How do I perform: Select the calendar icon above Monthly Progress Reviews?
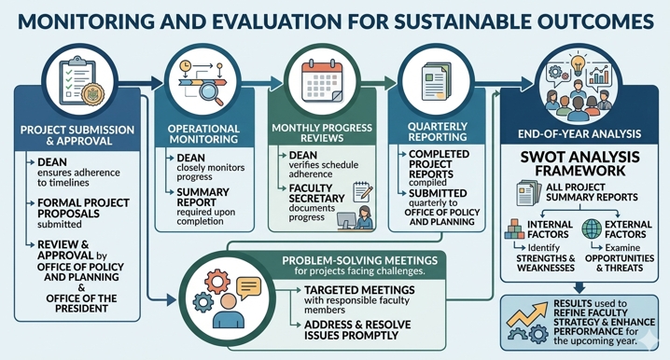pyautogui.click(x=322, y=81)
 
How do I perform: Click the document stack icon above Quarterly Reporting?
pyautogui.click(x=437, y=81)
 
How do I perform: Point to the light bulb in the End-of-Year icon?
pyautogui.click(x=578, y=64)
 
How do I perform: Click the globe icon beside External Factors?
pyautogui.click(x=592, y=228)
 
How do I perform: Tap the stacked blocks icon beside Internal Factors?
pyautogui.click(x=514, y=228)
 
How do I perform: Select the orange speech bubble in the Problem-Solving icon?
pyautogui.click(x=248, y=287)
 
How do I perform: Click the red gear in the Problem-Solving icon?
pyautogui.click(x=217, y=282)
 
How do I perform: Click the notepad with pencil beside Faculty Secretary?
pyautogui.click(x=362, y=192)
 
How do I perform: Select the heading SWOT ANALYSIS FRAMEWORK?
pyautogui.click(x=579, y=163)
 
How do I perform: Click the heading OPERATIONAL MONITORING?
pyautogui.click(x=203, y=134)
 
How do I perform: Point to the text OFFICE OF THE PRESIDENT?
pyautogui.click(x=81, y=303)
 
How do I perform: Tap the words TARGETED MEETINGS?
pyautogui.click(x=359, y=290)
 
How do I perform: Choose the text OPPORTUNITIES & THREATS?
pyautogui.click(x=620, y=263)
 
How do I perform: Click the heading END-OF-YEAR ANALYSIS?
pyautogui.click(x=579, y=133)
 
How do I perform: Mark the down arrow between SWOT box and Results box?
pyautogui.click(x=579, y=287)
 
